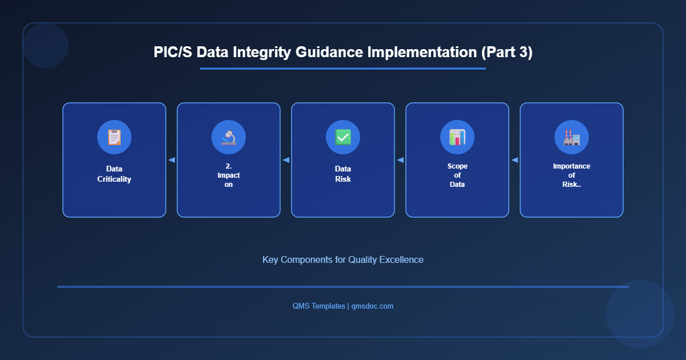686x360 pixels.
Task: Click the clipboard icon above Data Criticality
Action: pos(114,137)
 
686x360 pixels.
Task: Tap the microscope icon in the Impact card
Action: pos(229,137)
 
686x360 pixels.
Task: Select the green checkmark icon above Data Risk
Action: pos(343,137)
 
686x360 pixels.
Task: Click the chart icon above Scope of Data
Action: pos(457,137)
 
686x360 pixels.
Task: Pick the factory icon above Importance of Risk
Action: pos(572,137)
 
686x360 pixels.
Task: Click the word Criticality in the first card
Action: pos(114,179)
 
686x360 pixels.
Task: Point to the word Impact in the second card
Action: pos(229,175)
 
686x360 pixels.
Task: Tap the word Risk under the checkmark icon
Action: pos(343,179)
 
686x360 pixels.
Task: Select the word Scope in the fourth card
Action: pos(457,166)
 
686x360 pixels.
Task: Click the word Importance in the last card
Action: pos(572,166)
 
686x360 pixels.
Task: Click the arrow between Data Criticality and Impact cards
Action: pos(171,160)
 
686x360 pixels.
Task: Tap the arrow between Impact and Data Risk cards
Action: pos(286,160)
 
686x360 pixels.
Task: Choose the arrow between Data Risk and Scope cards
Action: pos(400,160)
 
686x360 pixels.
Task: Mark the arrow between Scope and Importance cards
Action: pos(514,160)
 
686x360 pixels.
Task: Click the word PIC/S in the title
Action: pos(173,53)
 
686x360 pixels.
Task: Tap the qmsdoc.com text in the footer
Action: pos(372,306)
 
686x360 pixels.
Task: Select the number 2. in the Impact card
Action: pos(229,166)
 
